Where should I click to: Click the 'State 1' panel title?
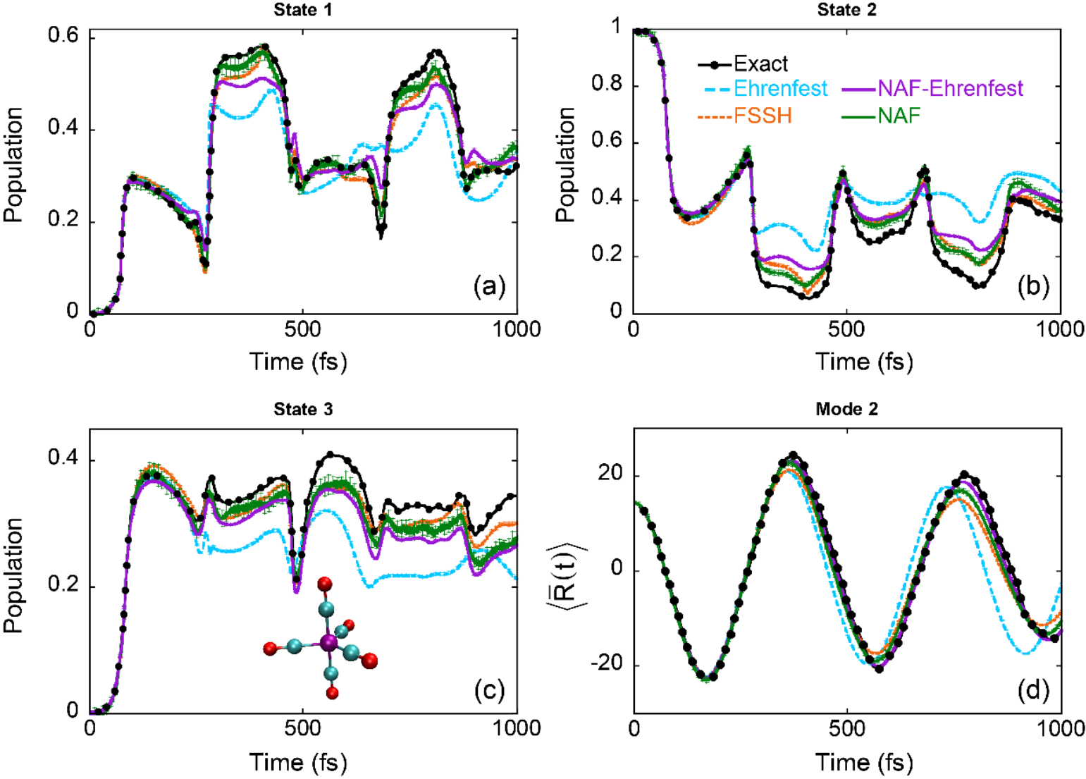tap(302, 10)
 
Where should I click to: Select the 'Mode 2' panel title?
tap(846, 409)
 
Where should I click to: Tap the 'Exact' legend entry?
tap(760, 64)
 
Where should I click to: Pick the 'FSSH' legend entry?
tap(763, 115)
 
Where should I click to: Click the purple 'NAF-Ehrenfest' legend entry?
tap(950, 88)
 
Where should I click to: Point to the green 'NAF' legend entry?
tap(899, 115)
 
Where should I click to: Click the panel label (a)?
tap(490, 286)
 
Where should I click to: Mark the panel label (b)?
tap(1033, 286)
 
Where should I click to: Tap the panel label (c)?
tap(490, 689)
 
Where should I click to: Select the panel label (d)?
tap(1033, 689)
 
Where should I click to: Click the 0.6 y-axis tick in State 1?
tap(62, 36)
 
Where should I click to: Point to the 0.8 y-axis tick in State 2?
tap(607, 86)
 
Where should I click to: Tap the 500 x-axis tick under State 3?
tap(303, 728)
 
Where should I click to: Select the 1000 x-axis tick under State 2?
tap(1059, 329)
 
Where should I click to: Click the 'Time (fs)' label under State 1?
tap(298, 362)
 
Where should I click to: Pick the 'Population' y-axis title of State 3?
tap(14, 575)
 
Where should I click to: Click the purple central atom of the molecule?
tap(328, 642)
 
